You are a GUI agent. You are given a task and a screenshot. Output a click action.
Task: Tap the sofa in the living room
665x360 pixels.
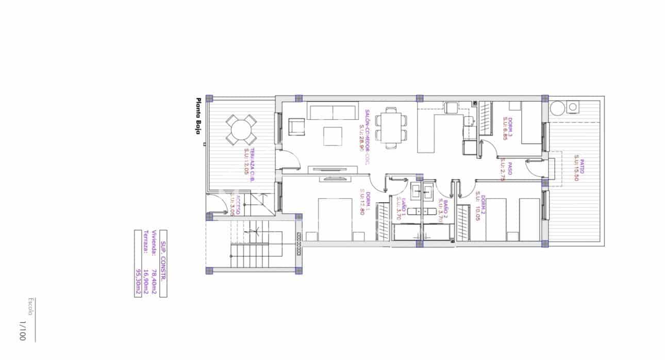point(332,111)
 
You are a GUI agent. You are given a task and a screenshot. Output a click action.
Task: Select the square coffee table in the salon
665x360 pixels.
point(332,136)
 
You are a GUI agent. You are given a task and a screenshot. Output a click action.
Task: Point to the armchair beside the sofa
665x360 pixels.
point(297,127)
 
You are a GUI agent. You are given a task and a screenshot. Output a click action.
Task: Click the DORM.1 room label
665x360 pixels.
point(362,202)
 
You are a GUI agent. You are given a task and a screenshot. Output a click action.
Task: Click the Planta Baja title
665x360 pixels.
point(197,117)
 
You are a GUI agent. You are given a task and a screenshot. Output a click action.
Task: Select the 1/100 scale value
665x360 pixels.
point(22,331)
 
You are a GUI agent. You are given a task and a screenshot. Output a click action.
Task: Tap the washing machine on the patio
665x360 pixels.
point(572,107)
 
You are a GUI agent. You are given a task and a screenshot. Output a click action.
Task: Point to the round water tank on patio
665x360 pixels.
point(556,109)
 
